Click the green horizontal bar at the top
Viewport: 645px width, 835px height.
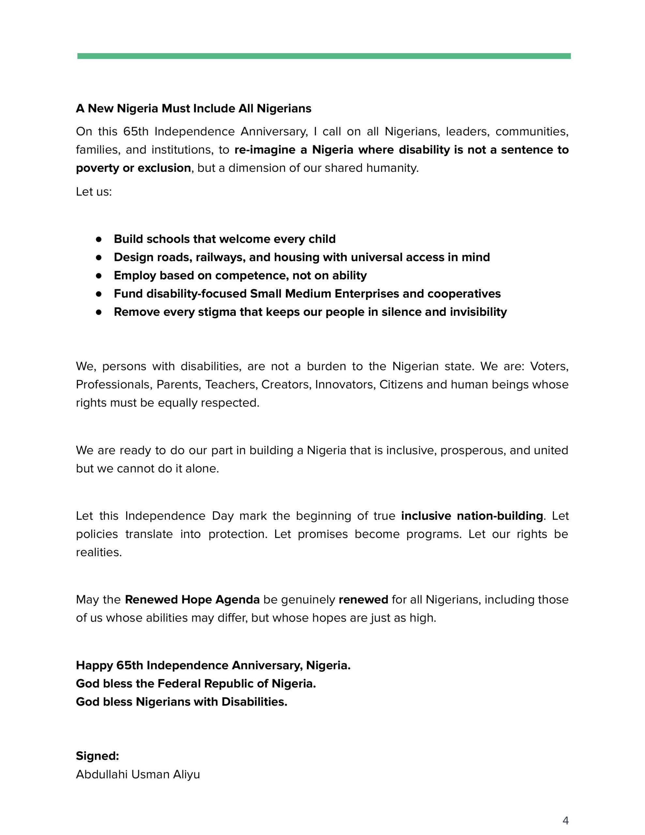(323, 56)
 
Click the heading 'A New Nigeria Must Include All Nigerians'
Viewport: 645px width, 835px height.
(193, 109)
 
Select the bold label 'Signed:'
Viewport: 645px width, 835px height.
(97, 756)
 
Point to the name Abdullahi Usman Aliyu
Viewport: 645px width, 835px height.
(138, 774)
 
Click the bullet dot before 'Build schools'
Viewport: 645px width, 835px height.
(99, 239)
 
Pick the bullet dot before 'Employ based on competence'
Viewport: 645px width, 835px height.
(99, 275)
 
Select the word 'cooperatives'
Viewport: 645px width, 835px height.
(464, 294)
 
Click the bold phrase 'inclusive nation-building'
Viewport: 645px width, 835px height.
(472, 516)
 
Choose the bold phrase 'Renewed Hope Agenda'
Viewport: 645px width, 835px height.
(192, 600)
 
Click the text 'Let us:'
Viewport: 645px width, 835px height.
(94, 191)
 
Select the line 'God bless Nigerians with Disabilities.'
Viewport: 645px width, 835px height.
(182, 702)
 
